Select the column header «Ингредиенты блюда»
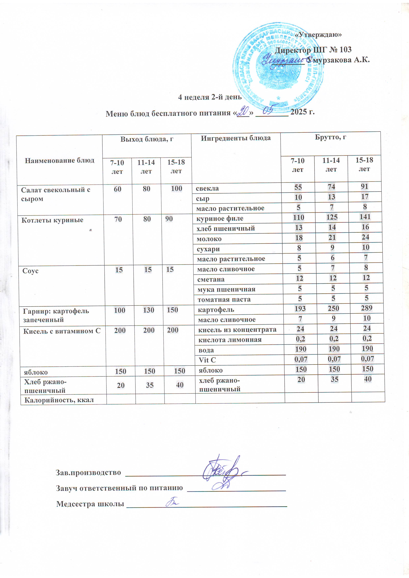236,138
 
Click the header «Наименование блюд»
60,160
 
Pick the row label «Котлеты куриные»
52,220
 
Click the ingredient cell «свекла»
207,188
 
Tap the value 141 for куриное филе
365,217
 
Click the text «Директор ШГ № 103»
313,50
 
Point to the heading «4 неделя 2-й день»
210,97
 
